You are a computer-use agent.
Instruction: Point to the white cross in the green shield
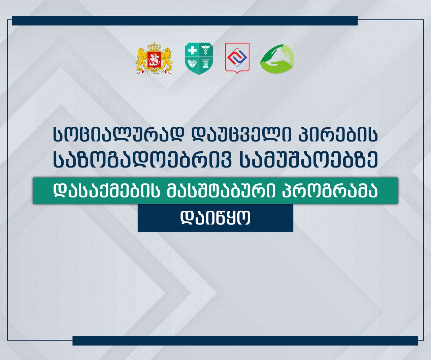coord(192,50)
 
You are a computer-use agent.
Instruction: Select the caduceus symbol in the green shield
coord(206,50)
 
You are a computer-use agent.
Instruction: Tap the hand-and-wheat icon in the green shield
coord(192,63)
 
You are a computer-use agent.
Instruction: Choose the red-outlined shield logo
coord(237,58)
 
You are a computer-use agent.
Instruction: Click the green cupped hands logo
coord(277,58)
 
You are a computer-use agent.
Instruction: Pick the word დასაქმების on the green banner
coord(107,190)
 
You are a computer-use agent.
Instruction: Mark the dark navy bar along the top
coord(185,21)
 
